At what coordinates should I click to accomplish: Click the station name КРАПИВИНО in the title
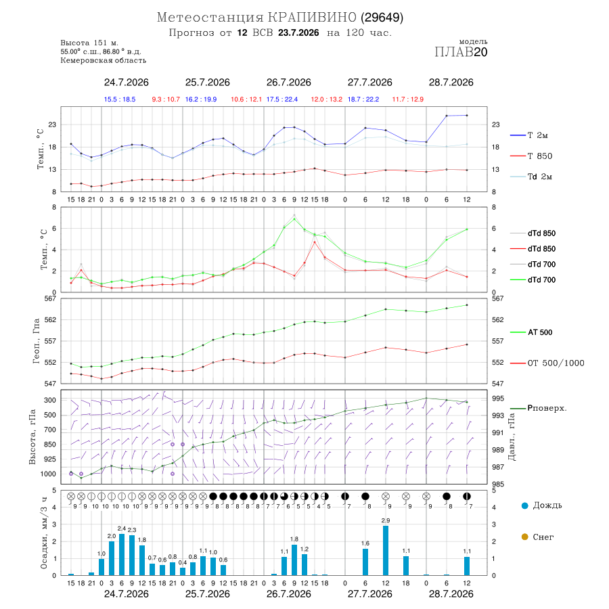tap(312, 18)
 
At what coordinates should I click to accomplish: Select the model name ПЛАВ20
tap(461, 52)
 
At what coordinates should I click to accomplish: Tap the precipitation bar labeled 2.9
tap(386, 550)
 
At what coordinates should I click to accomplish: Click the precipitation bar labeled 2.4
tap(122, 555)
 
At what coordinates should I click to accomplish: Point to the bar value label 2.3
tap(132, 530)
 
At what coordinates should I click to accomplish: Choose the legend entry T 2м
tap(529, 135)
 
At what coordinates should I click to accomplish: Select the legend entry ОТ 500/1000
tap(547, 363)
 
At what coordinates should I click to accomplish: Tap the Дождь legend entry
tap(542, 505)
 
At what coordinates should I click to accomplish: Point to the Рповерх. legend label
tap(547, 408)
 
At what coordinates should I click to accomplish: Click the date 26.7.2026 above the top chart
tap(288, 83)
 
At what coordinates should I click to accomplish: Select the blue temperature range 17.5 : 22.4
tap(282, 99)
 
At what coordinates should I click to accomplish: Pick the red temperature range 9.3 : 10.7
tap(166, 99)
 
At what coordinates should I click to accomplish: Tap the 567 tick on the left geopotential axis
tap(51, 298)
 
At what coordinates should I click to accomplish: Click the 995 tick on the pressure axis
tap(498, 399)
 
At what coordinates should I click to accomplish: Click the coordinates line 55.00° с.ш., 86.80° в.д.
tap(101, 51)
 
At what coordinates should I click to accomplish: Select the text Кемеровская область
tap(104, 61)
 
